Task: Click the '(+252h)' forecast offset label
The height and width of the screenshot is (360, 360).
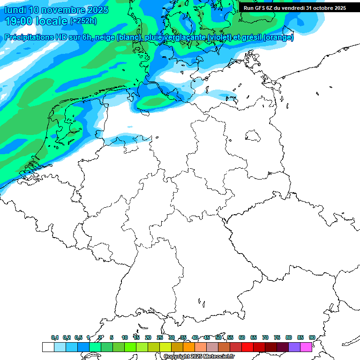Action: tap(83, 21)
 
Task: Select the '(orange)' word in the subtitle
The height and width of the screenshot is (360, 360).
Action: tap(278, 37)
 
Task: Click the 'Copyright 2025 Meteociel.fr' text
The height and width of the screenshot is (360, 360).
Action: tap(199, 356)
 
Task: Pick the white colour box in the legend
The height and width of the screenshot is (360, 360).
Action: tap(48, 347)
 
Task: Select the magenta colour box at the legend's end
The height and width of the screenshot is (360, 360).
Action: tap(306, 347)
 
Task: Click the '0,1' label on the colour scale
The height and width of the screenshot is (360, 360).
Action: tap(55, 337)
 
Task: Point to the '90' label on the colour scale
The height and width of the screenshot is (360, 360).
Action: tap(312, 337)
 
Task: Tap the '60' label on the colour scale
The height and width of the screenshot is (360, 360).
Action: tap(242, 337)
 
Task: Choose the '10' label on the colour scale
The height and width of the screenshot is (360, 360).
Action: tap(125, 337)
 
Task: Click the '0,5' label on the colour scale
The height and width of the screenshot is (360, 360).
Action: tap(78, 337)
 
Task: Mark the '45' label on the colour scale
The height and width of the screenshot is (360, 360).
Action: tap(207, 337)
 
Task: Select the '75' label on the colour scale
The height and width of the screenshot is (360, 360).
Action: tap(277, 337)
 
